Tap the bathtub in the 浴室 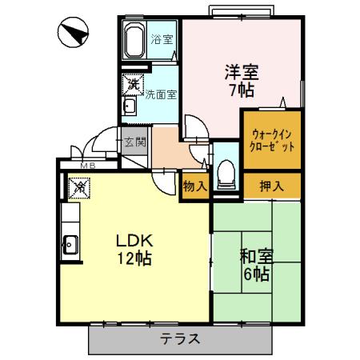click(x=133, y=39)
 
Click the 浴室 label click(x=162, y=39)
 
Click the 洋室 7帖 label click(x=239, y=81)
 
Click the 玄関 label click(x=134, y=143)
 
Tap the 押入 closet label click(x=272, y=185)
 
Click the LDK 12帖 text click(x=131, y=248)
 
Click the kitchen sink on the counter click(x=69, y=244)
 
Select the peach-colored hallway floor click(x=166, y=144)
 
